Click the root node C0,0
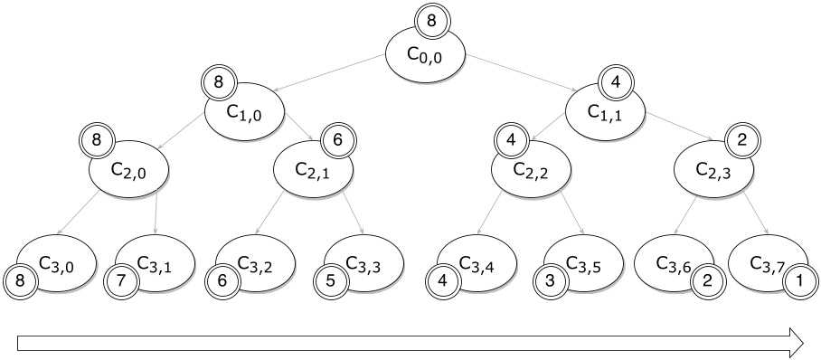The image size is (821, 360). pos(426,56)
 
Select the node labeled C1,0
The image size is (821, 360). pos(244,113)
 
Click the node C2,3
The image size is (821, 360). pos(715,168)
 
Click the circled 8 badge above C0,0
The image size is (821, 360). pos(432,17)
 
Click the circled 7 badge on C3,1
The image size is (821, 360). pos(119,279)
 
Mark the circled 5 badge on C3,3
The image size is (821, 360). pos(330,279)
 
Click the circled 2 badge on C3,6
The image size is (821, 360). pos(708,279)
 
